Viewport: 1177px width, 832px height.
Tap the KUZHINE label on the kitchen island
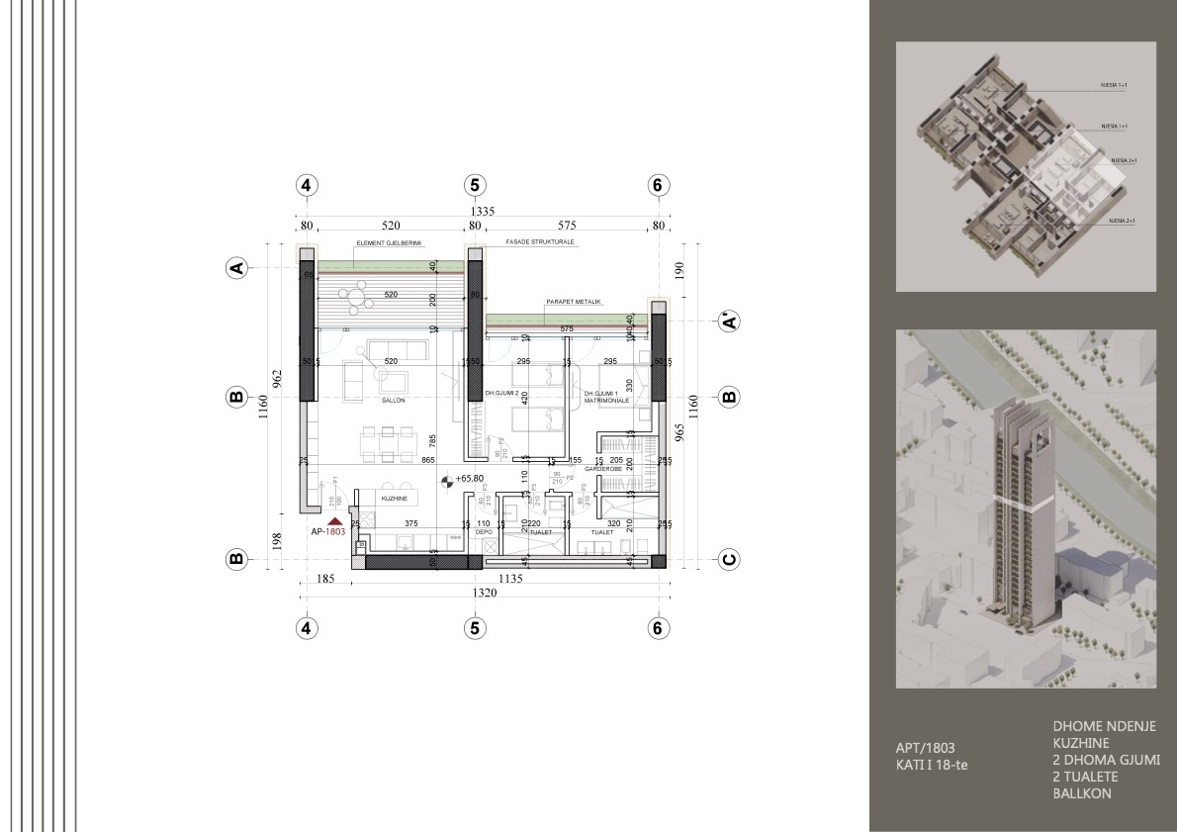coord(397,499)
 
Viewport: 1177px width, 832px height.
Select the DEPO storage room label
coord(484,531)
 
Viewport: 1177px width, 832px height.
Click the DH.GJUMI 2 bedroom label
coord(503,394)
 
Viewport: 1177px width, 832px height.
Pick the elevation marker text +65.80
coord(471,479)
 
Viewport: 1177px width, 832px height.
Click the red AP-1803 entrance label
coord(327,531)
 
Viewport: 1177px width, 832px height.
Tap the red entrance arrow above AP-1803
coord(335,519)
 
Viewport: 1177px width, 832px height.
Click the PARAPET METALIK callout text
coord(573,302)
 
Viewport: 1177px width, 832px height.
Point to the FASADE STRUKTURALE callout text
coord(540,241)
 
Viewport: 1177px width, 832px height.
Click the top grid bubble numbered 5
coord(475,185)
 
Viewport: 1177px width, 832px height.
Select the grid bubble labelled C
coord(728,559)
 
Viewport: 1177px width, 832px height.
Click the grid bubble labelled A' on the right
coord(728,321)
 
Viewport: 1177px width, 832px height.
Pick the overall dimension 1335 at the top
coord(482,211)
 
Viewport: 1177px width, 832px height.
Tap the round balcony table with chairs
coord(354,294)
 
